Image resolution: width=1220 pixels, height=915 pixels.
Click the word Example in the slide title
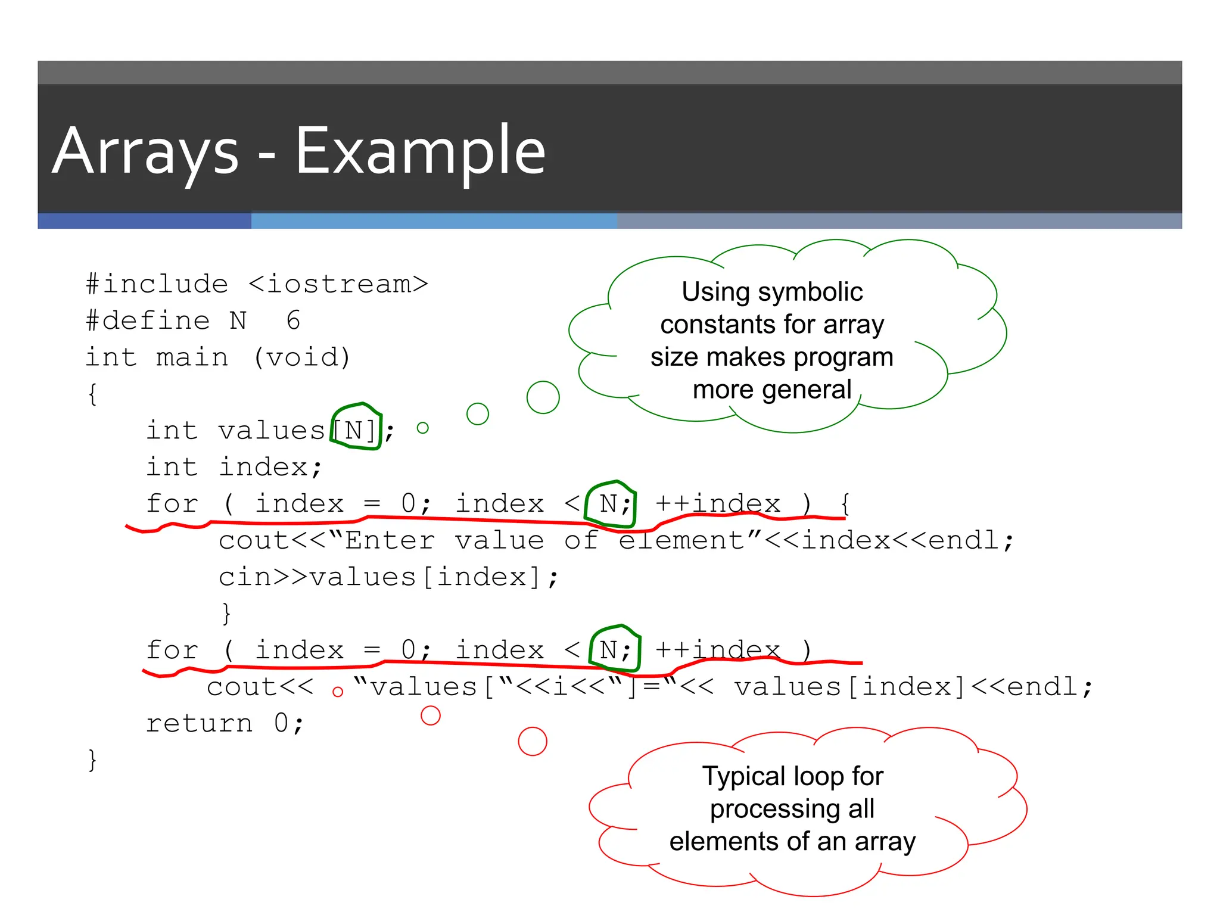(x=420, y=151)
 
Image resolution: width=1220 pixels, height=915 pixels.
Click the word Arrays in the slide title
(x=145, y=152)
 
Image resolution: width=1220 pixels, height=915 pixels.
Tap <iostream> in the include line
(x=338, y=284)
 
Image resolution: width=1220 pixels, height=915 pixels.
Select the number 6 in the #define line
(x=293, y=320)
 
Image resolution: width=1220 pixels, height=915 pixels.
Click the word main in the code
(x=192, y=357)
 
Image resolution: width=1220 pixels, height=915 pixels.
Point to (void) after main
(x=302, y=357)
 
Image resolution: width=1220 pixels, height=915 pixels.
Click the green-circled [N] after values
(x=355, y=430)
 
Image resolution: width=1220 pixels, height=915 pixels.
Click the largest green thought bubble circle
(x=543, y=397)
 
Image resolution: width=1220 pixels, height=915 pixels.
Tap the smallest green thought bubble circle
(x=423, y=428)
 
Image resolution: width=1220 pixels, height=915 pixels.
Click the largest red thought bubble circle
(x=533, y=741)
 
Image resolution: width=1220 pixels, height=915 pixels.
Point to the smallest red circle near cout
(x=338, y=692)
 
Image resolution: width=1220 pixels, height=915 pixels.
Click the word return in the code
(x=200, y=724)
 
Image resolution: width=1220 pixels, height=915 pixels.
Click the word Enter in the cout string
(x=390, y=541)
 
